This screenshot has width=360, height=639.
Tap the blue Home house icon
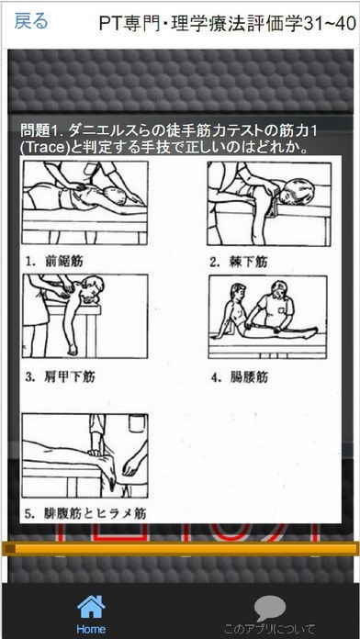point(90,607)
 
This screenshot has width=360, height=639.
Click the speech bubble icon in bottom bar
point(269,608)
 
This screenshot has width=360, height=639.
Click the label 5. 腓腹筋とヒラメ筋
point(84,513)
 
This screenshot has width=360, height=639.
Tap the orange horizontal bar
point(180,549)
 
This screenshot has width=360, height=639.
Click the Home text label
point(90,631)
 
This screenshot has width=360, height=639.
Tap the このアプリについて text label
point(269,631)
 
